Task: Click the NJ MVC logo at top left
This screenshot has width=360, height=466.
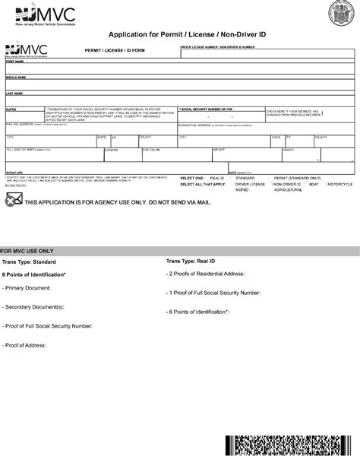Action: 29,13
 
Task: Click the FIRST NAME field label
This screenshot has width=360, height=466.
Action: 15,62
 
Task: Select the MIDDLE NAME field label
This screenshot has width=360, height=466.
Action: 17,77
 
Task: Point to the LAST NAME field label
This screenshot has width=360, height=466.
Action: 15,93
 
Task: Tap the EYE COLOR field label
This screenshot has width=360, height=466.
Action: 151,150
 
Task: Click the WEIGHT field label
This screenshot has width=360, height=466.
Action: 219,150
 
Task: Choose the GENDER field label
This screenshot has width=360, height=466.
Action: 111,150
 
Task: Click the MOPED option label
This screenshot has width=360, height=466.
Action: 242,189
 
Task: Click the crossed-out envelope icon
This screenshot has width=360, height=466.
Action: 13,200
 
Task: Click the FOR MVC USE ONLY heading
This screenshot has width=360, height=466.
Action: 27,250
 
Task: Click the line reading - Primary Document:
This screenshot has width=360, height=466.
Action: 27,288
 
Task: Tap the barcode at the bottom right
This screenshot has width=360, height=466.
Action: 289,449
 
